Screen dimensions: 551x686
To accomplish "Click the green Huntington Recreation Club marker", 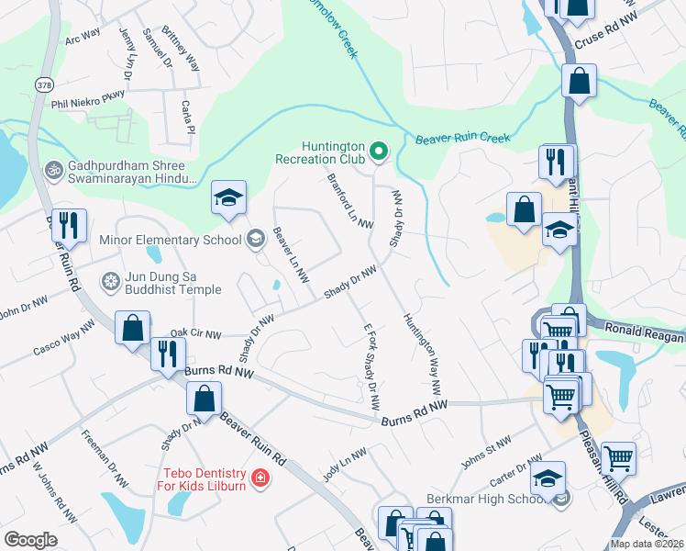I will click(378, 151).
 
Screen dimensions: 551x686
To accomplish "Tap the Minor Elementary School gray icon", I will click(254, 240).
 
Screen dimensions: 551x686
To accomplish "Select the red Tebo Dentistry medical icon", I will click(260, 478).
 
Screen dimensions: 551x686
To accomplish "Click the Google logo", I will click(30, 540).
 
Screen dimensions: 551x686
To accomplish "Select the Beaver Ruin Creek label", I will click(461, 139).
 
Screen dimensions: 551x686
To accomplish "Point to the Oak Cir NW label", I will click(194, 335).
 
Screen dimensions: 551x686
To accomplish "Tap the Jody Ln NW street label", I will click(344, 465).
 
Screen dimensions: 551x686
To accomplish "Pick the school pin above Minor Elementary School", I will click(228, 197).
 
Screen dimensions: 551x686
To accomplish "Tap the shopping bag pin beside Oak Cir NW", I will click(133, 328).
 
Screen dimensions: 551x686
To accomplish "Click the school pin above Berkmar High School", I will click(548, 478).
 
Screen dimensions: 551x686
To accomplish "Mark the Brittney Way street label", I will click(181, 48).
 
